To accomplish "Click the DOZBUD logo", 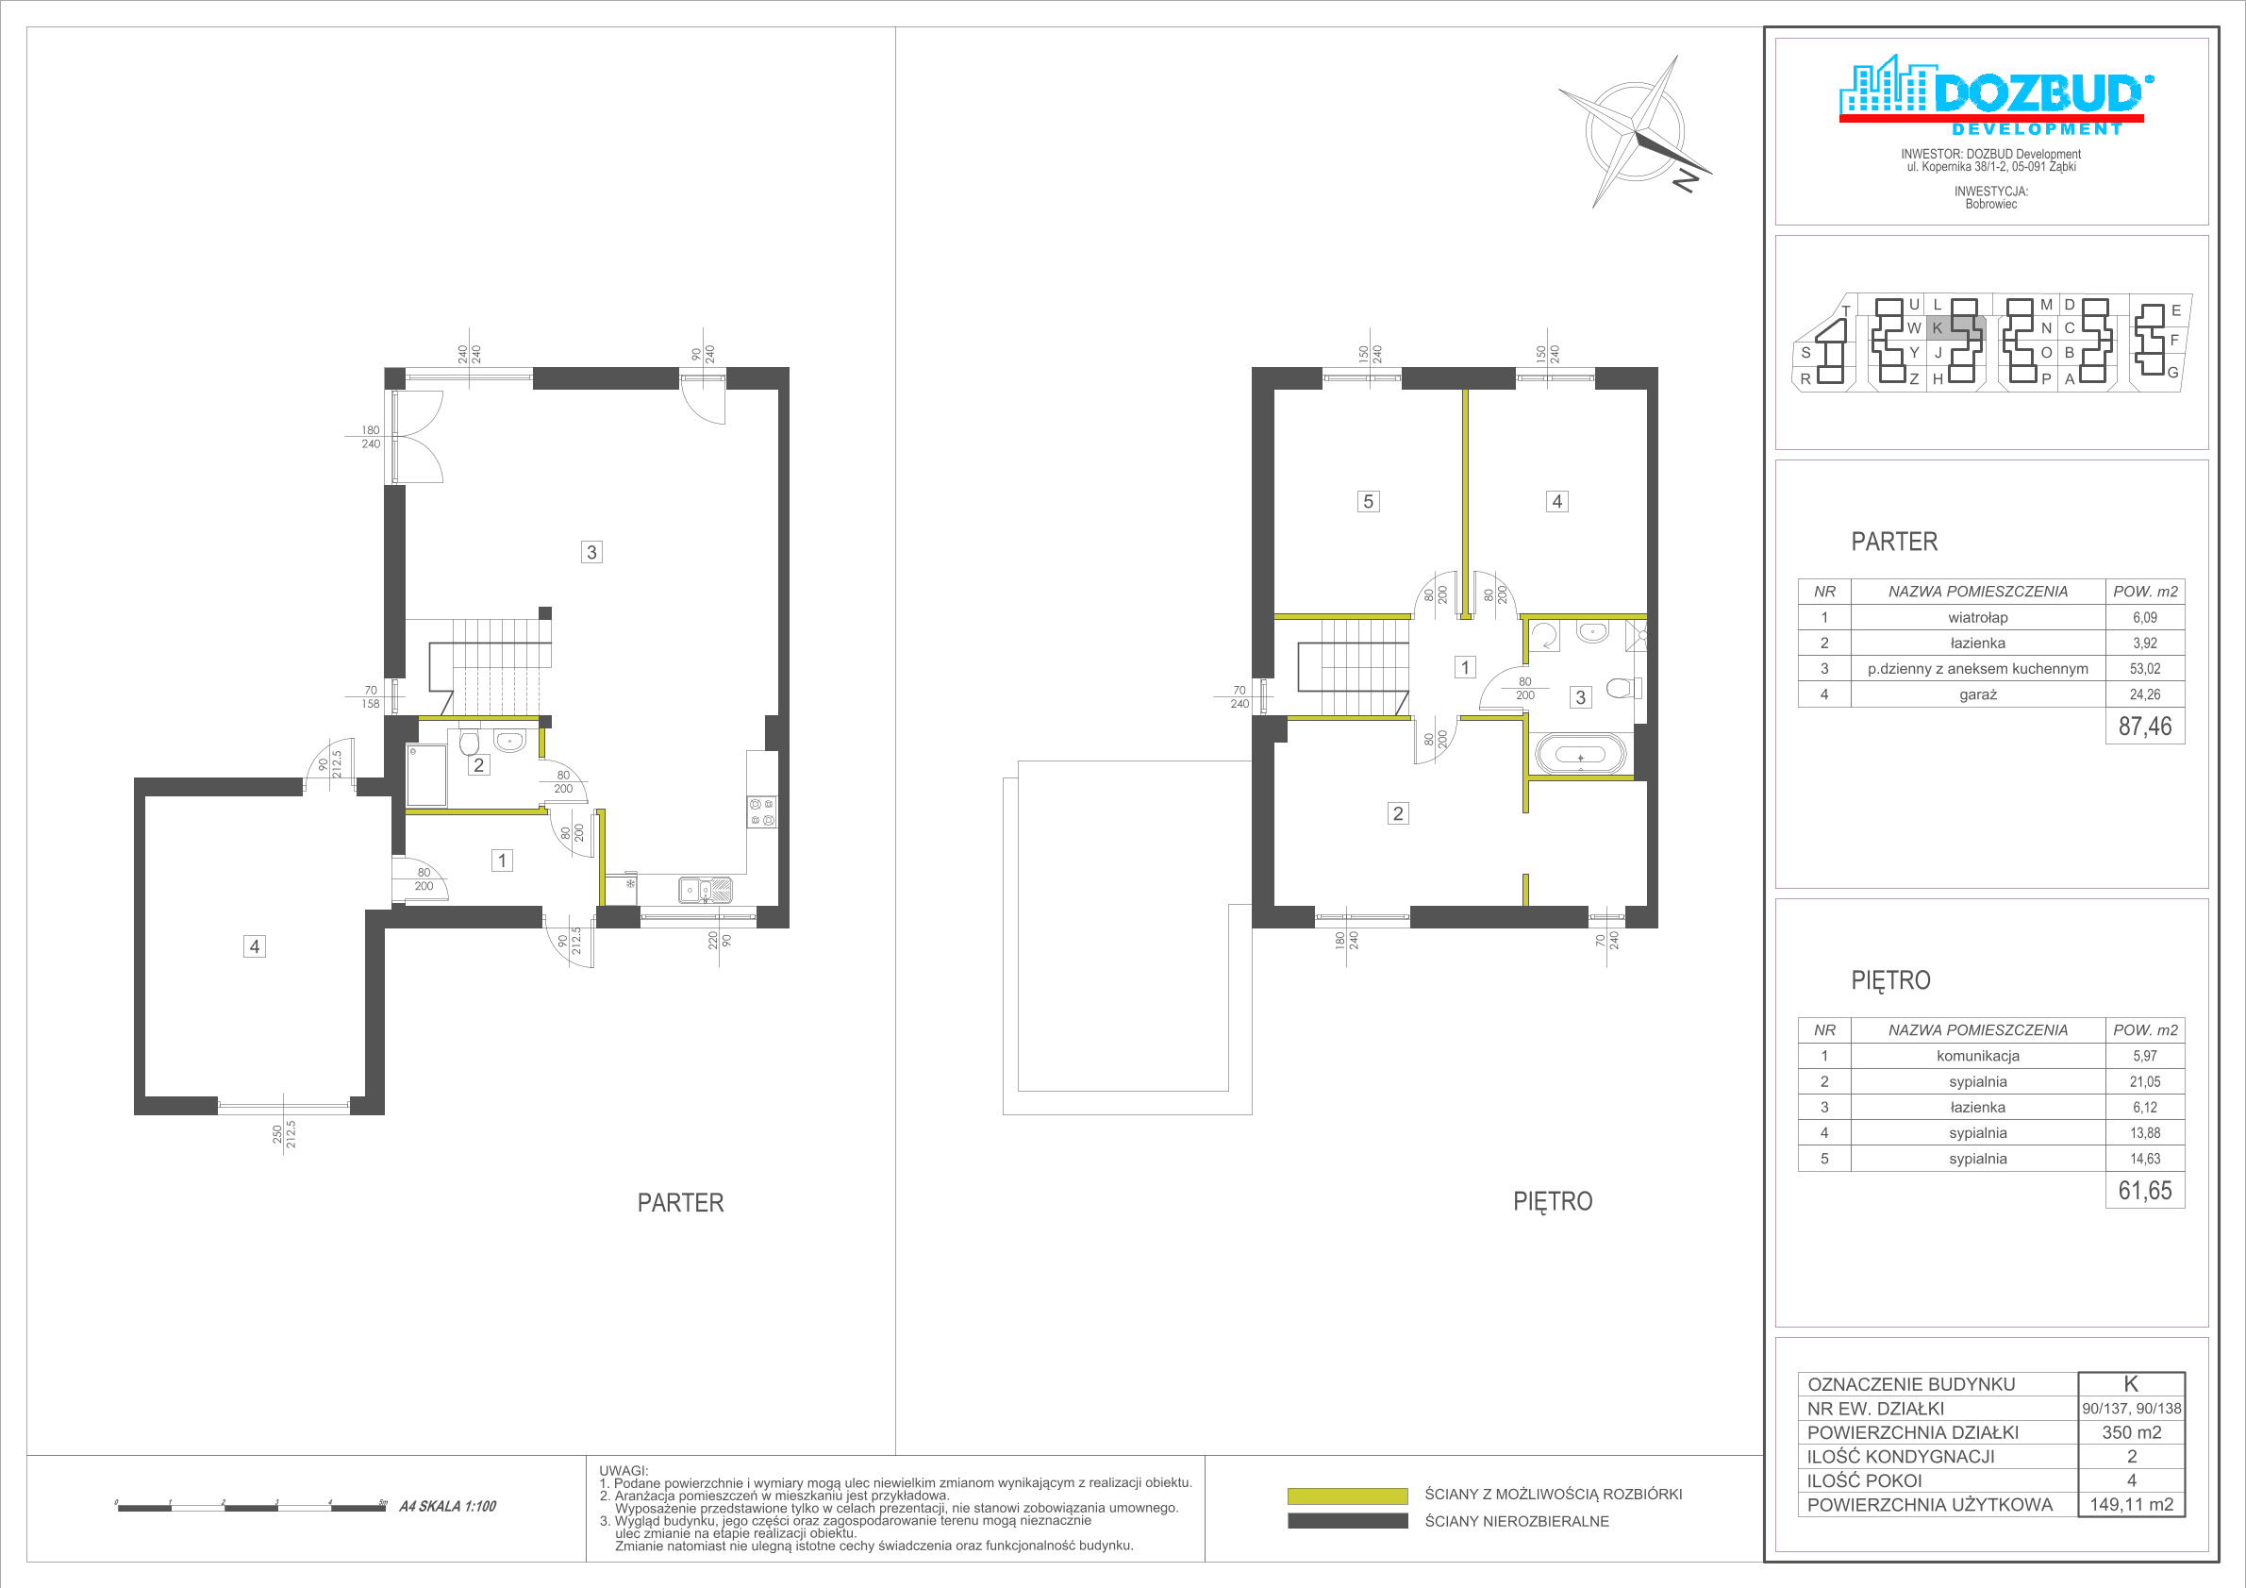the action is tap(1990, 95).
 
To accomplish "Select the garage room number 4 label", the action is tap(255, 946).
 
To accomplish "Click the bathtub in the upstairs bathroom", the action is tap(1580, 757).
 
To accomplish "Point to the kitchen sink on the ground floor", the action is tap(706, 891).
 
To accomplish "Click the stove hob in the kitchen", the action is tap(762, 812).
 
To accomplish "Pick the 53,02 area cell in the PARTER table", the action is tap(2144, 669).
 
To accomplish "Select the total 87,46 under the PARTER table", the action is tap(2144, 726).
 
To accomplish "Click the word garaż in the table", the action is tap(1977, 694).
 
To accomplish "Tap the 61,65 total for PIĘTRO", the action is tap(2144, 1191).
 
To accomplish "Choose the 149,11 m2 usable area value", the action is tap(2132, 1505).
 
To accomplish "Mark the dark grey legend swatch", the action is tap(1347, 1521).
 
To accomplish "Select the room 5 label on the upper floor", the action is tap(1368, 502).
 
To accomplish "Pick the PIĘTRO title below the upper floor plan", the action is tap(1553, 1201).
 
